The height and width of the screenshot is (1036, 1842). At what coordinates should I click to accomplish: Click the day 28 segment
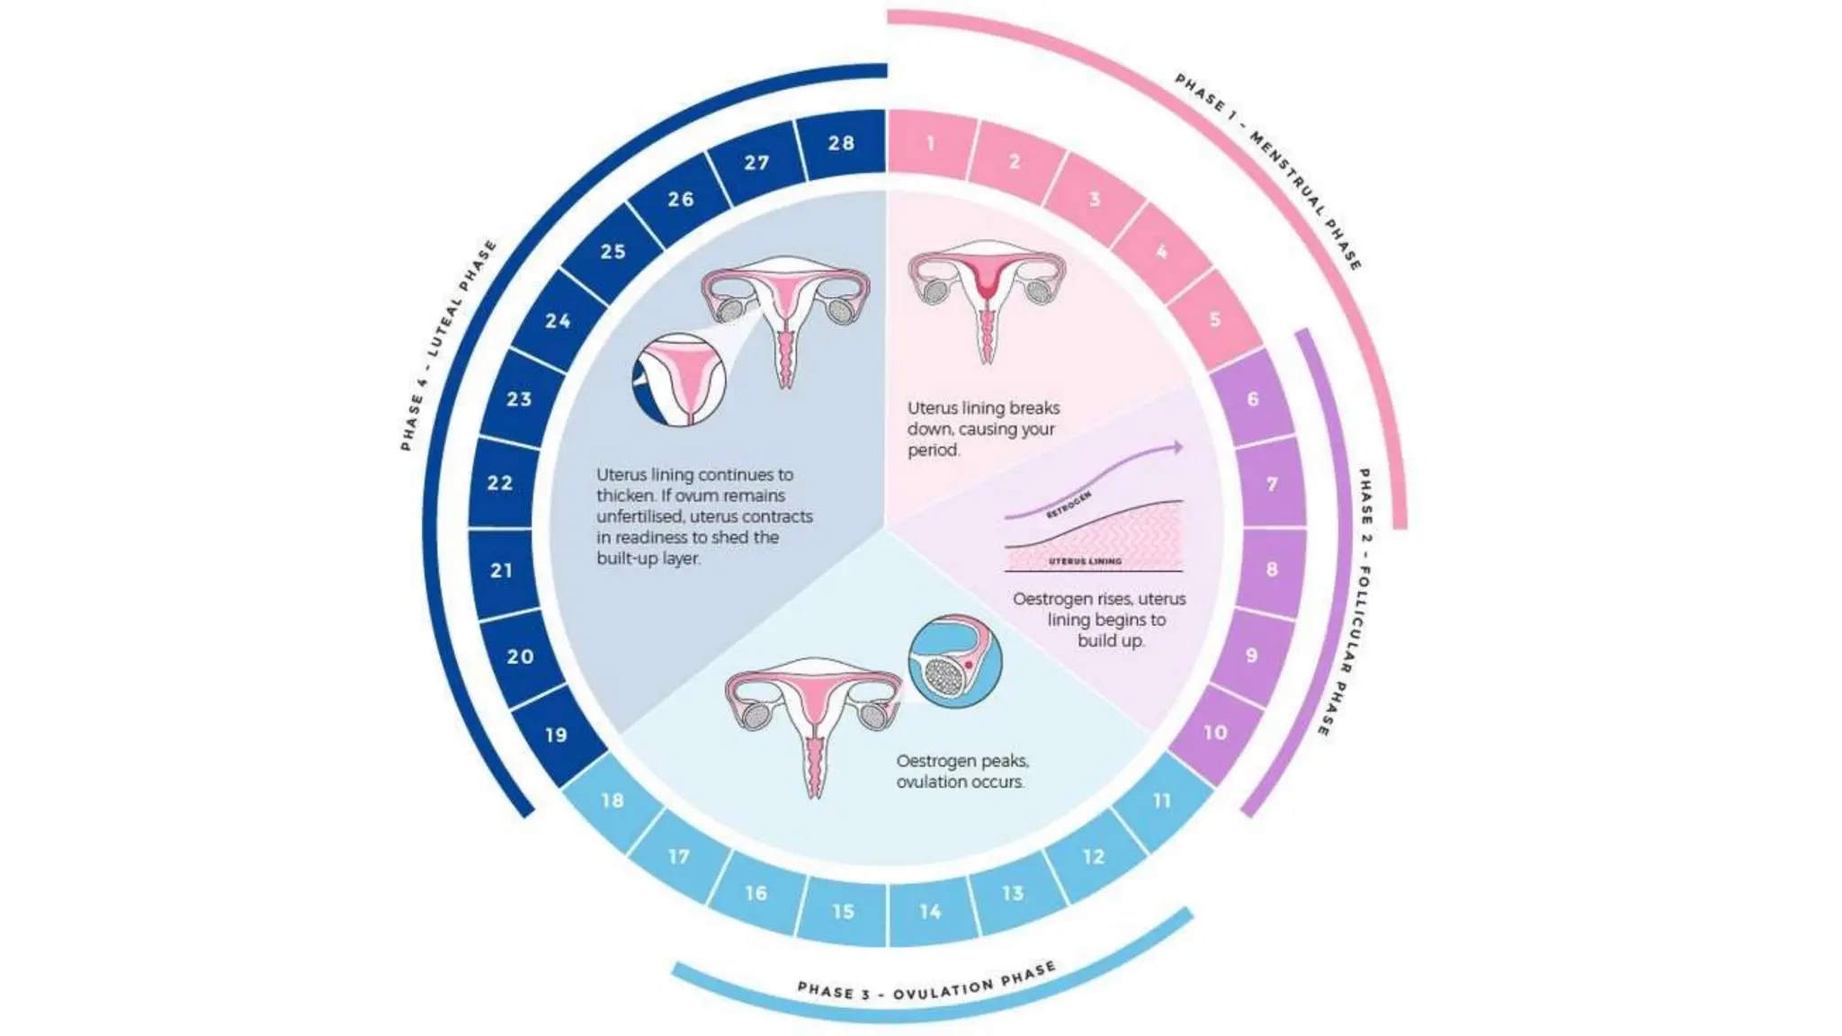point(842,143)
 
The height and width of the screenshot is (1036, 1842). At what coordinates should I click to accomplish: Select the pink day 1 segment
point(930,144)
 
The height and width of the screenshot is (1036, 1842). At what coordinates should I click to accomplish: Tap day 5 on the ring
point(1215,319)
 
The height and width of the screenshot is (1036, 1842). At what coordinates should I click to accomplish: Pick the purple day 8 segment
point(1271,569)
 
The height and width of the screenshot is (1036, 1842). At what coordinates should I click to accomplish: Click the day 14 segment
point(930,911)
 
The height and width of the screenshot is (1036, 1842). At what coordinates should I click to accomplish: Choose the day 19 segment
point(557,735)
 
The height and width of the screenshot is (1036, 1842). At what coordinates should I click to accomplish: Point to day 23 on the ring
point(519,398)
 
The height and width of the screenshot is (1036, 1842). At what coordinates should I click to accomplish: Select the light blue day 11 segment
point(1162,799)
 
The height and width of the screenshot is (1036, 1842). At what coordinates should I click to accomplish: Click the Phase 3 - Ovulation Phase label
point(926,985)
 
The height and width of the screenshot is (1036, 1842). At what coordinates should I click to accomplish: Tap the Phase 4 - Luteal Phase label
point(447,346)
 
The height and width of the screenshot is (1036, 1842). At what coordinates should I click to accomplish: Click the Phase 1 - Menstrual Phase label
point(1268,171)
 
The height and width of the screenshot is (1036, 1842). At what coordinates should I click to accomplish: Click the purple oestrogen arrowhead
point(1176,447)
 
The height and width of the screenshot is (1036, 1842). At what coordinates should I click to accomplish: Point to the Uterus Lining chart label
point(1085,561)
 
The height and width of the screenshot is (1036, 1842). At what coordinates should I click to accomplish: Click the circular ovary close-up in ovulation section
point(954,661)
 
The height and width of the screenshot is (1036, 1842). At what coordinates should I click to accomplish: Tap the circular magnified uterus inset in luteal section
point(678,379)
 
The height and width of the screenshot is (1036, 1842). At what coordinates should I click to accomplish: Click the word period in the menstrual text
point(932,450)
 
